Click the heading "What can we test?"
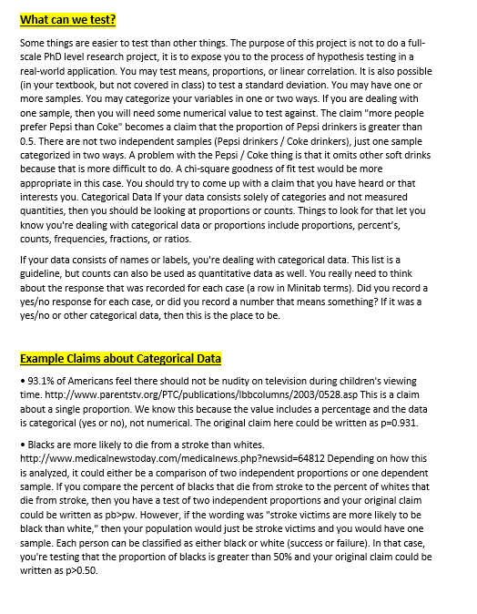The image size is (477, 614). click(67, 19)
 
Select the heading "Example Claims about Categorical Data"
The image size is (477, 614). click(120, 359)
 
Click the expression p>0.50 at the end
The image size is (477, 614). click(74, 569)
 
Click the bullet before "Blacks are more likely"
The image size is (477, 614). click(21, 442)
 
